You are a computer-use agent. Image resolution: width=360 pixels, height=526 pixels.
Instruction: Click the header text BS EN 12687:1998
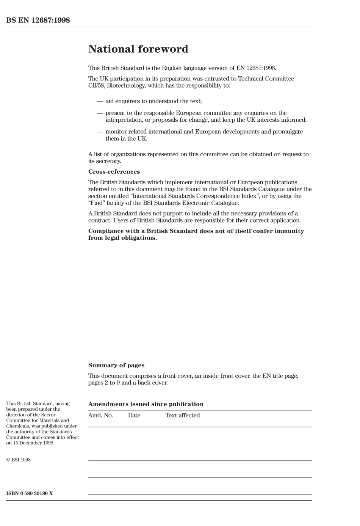point(38,20)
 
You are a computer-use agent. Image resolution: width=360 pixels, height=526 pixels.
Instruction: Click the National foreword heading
point(138,49)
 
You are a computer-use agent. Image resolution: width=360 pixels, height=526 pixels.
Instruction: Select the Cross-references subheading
point(114,171)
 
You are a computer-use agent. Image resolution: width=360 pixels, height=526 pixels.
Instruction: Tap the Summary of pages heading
point(116,365)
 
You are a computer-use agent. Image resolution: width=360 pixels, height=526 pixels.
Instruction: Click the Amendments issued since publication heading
point(146,404)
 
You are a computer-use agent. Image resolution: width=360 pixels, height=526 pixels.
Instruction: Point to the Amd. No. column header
point(100,415)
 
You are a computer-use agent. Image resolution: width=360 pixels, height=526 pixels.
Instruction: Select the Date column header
point(134,415)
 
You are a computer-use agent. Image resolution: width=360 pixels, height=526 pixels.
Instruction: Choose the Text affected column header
point(182,415)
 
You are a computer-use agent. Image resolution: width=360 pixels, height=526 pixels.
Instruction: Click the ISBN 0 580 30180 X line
point(30,493)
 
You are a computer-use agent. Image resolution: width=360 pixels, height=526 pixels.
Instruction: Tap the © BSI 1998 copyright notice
point(19,460)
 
